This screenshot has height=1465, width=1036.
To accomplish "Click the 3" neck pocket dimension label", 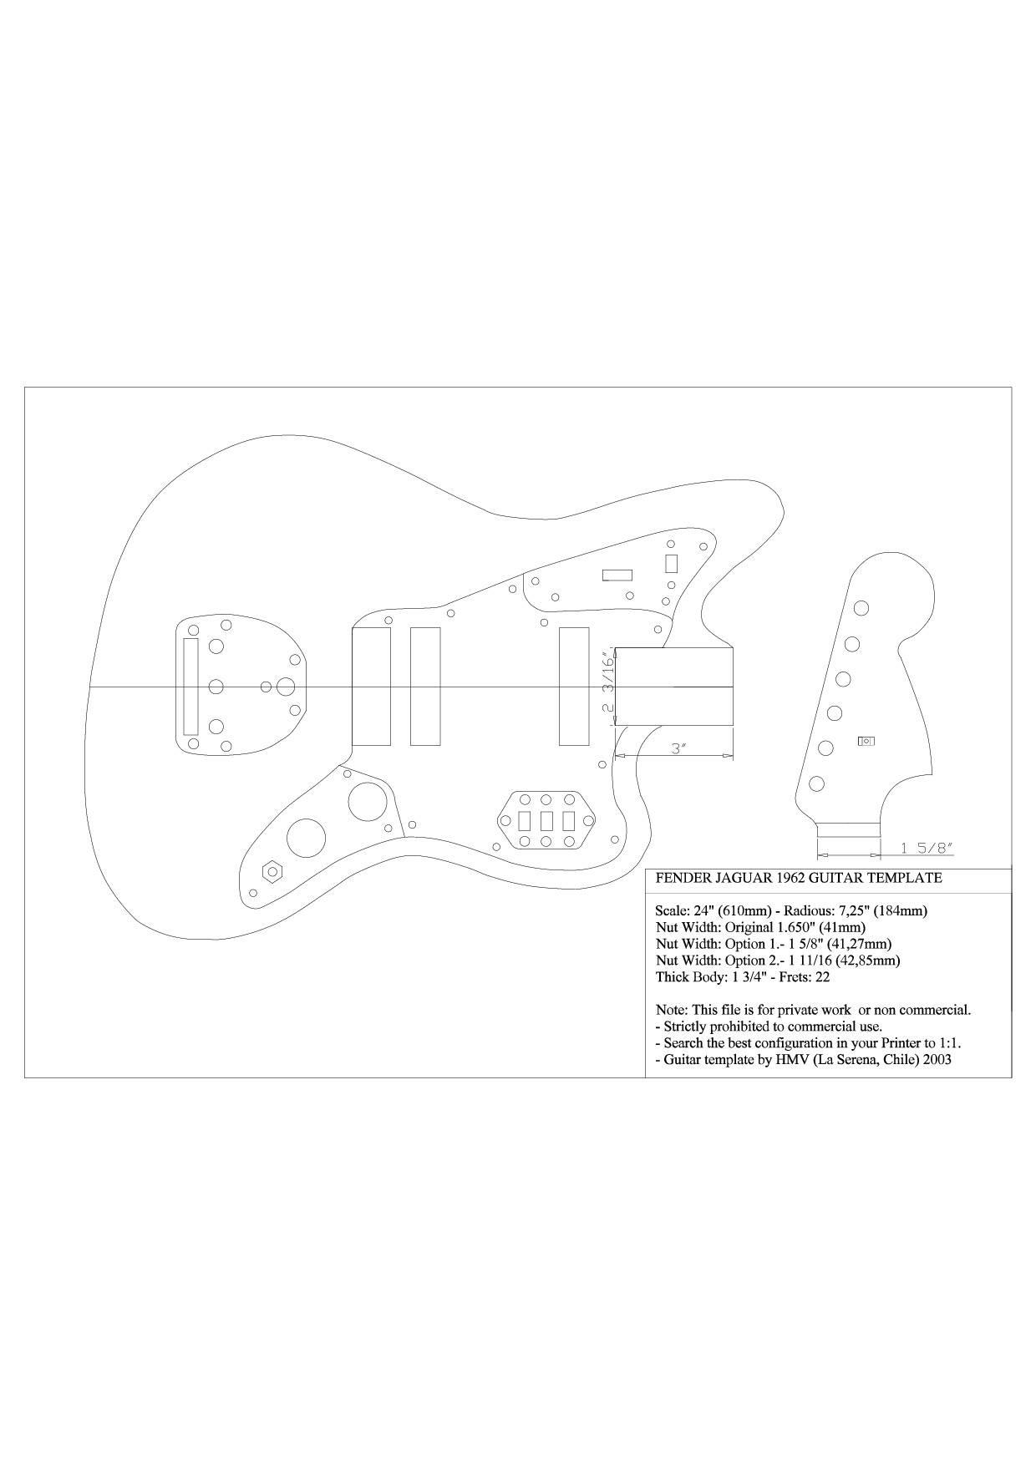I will point(678,748).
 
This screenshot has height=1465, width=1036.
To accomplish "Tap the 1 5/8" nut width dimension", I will point(927,848).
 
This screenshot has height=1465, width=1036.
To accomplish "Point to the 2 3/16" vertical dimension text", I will point(608,683).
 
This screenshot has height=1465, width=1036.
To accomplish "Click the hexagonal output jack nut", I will point(272,870).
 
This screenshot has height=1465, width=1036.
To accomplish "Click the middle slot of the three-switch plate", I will point(546,821).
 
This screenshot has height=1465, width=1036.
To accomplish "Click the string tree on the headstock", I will point(866,741).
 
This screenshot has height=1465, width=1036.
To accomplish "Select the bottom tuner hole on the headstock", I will point(816,783).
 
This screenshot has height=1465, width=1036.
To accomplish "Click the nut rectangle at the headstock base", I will point(848,829).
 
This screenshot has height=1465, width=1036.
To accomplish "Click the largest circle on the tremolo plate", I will point(286,687).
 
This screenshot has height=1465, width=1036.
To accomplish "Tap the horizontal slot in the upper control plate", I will point(617,575).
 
